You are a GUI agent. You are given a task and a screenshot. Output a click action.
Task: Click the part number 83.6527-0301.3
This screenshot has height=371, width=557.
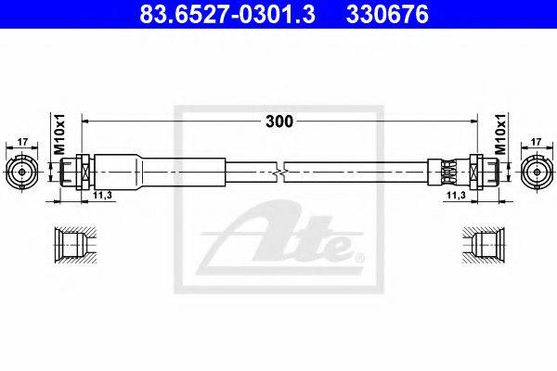coord(227,15)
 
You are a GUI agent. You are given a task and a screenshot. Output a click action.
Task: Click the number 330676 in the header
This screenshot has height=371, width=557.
coord(387,15)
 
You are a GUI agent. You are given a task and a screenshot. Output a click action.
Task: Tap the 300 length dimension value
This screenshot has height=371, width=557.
coord(279,122)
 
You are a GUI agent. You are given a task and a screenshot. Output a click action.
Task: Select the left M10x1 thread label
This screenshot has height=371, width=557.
coord(60,134)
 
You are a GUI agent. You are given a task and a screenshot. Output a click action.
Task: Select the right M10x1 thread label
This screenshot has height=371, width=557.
coord(500,134)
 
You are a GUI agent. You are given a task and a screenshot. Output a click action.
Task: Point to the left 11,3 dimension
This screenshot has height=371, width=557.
coord(102,195)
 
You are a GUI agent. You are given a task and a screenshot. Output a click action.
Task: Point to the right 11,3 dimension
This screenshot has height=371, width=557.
coord(456,195)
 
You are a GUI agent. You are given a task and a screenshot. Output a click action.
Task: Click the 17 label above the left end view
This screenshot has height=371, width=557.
coord(22,142)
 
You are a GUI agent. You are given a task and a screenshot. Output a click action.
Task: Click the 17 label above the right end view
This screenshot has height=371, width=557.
coord(536,142)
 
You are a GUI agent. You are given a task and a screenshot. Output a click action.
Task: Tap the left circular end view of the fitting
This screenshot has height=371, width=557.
coord(22,172)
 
